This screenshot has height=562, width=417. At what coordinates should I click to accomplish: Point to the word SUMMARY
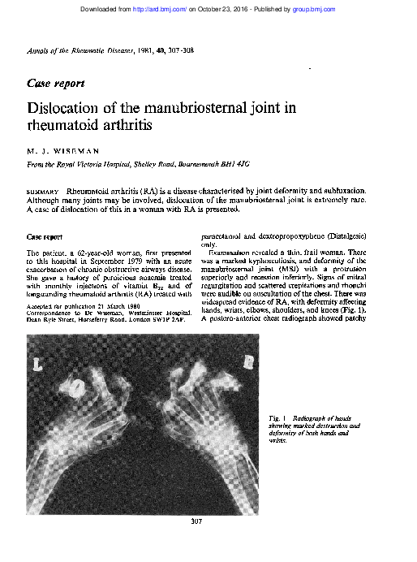41,188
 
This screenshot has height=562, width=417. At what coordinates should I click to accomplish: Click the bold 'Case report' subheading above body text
45,237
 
